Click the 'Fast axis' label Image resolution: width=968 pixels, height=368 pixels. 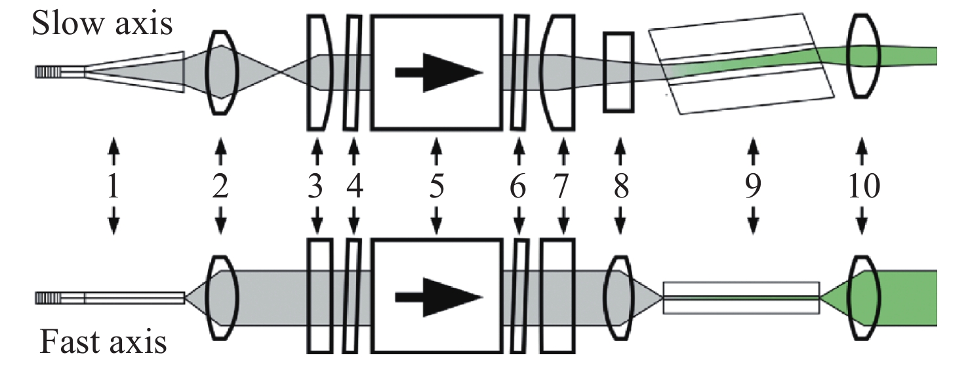103,342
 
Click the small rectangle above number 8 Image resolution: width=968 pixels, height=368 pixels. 618,72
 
